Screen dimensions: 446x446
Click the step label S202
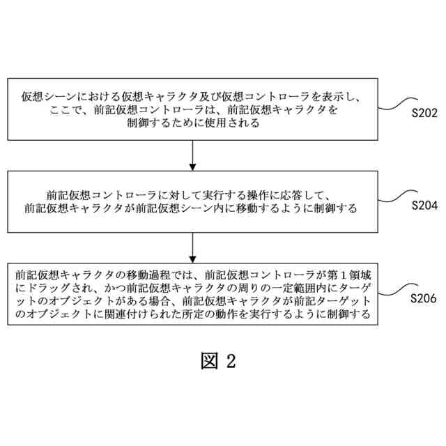424,112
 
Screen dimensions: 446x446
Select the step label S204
424,206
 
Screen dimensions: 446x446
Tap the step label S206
424,299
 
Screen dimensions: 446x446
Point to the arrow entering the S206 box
192,247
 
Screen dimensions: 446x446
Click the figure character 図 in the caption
209,360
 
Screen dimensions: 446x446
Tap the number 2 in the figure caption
231,360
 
